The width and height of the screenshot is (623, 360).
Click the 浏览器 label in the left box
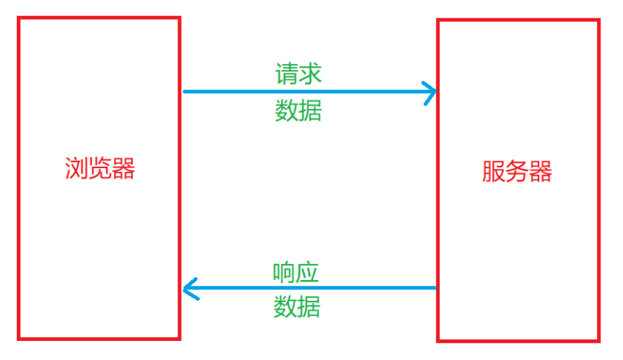(100, 168)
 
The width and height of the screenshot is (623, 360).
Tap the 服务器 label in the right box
(517, 171)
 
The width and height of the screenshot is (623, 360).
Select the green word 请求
(298, 74)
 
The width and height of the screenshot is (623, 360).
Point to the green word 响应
(296, 272)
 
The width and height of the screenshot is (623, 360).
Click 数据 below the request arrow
(298, 111)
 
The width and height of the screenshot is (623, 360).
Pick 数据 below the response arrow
(297, 307)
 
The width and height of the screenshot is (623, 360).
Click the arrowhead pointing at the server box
(431, 92)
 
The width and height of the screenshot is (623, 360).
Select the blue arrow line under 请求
(304, 92)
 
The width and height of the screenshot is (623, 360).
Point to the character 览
(100, 168)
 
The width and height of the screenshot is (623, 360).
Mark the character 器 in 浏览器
(124, 168)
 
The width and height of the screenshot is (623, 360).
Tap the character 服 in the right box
(493, 171)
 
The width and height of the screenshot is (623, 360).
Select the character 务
(517, 171)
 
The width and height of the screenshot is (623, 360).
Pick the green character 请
(287, 74)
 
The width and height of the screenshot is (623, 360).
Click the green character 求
(310, 74)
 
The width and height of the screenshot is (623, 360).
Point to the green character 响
(284, 272)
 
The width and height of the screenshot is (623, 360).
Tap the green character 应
(308, 272)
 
